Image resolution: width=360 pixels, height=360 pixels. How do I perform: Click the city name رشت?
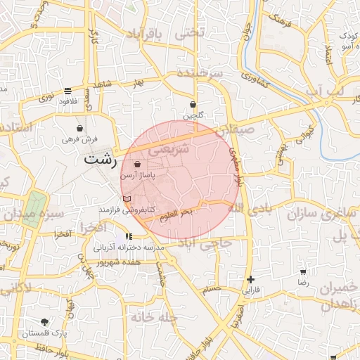pyautogui.click(x=100, y=159)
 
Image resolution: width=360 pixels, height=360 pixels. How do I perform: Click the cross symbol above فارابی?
pyautogui.click(x=251, y=279)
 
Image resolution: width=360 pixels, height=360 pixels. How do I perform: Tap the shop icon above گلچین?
pyautogui.click(x=193, y=104)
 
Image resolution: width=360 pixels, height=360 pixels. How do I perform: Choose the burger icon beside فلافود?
pyautogui.click(x=67, y=90)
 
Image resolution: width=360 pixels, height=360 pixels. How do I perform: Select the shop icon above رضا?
pyautogui.click(x=303, y=271)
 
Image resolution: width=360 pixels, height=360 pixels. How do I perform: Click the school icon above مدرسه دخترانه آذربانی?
pyautogui.click(x=128, y=237)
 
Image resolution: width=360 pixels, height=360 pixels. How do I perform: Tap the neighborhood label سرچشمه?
pyautogui.click(x=200, y=73)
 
